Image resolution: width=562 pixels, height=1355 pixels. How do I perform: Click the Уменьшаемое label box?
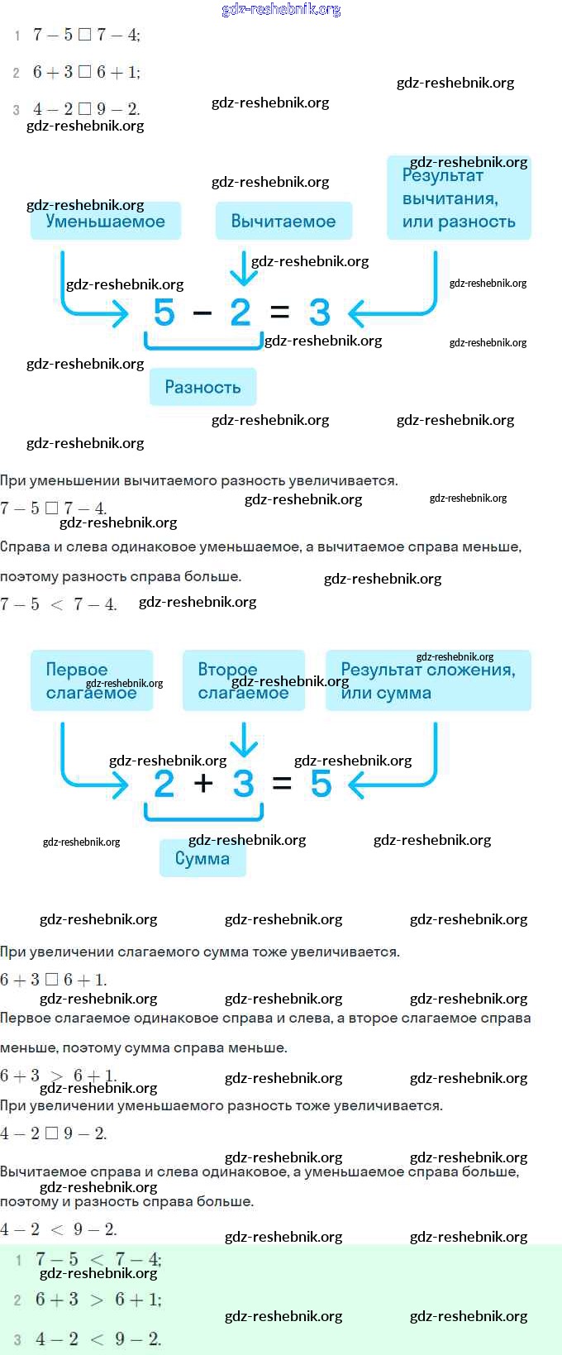coord(106,221)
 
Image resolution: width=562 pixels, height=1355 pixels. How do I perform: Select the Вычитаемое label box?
coord(283,221)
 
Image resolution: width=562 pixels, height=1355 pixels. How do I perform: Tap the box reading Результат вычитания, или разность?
coord(459,198)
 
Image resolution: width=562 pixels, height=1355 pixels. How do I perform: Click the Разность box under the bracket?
coord(202,387)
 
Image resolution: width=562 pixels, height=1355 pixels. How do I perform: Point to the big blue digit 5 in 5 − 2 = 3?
coord(164,313)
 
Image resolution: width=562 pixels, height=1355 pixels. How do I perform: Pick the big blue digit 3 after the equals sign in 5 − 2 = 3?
coord(319,313)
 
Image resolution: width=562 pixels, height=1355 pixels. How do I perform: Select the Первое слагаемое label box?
coord(92,680)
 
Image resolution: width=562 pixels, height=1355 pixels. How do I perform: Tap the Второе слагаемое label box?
coord(244,680)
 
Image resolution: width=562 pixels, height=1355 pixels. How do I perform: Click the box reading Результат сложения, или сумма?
coord(428,680)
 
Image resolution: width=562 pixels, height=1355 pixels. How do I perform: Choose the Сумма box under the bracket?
coord(202,858)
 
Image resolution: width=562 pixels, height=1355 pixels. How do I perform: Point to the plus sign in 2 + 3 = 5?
coord(203,783)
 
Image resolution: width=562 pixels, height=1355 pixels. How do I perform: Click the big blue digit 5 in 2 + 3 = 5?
coord(321,784)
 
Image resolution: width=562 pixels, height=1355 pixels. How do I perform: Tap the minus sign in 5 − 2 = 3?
coord(202,313)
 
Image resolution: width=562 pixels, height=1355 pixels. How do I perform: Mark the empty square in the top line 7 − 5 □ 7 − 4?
coord(84,35)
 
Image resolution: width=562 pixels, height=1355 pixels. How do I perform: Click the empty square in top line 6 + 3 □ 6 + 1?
coord(84,72)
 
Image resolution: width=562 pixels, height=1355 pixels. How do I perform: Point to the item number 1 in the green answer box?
coord(18,1260)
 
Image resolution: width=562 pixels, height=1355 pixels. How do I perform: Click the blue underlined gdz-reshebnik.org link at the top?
coord(281,9)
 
